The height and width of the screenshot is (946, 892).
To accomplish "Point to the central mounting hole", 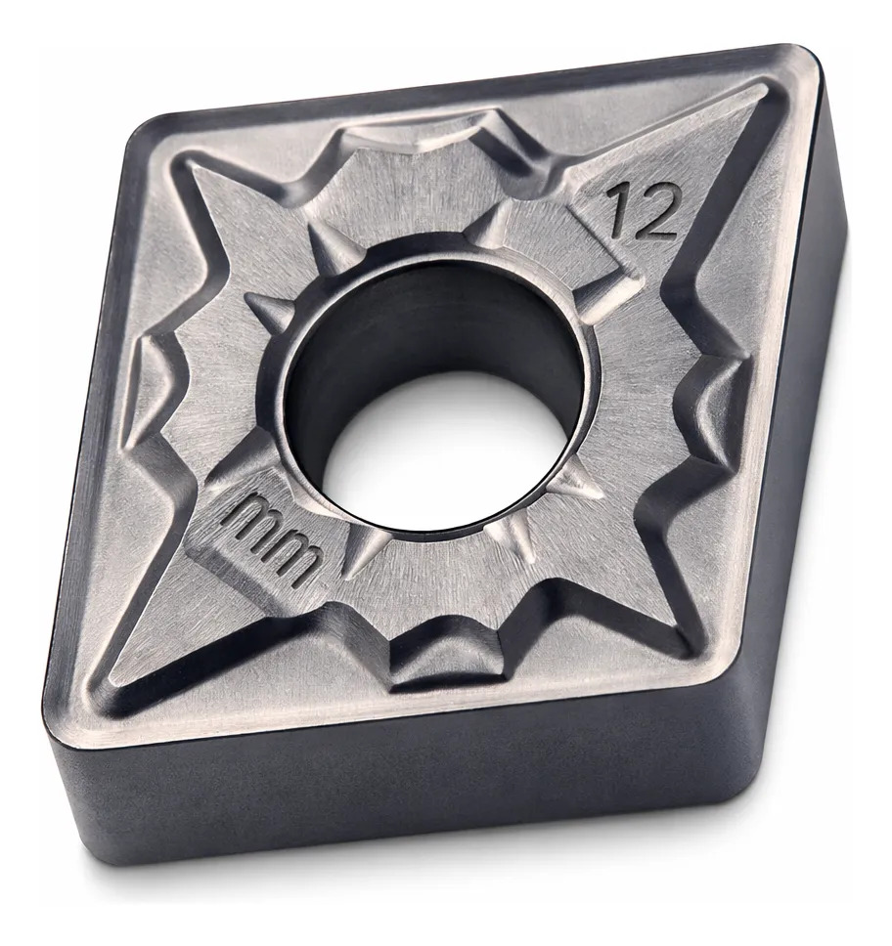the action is [x=436, y=395].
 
